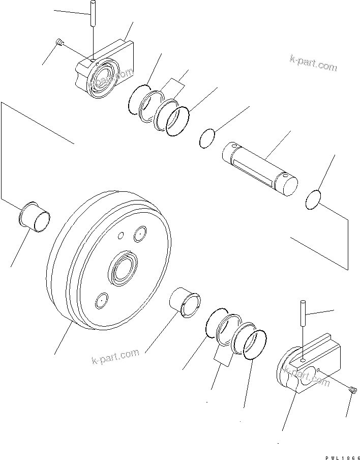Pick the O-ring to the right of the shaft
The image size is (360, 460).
(314, 199)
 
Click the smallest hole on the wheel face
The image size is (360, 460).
(120, 235)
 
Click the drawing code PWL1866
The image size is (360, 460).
(340, 453)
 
